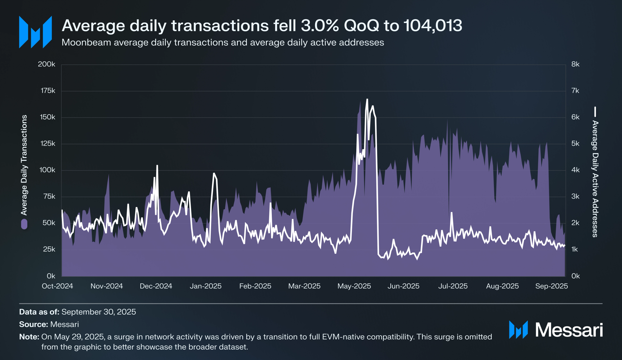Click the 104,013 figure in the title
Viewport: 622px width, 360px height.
coord(433,26)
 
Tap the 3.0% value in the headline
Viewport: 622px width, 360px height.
coord(320,26)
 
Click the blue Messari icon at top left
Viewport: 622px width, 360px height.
coord(35,32)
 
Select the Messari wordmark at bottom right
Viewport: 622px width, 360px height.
coord(569,330)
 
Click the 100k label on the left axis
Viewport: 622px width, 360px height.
coord(47,170)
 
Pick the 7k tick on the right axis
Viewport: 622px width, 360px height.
coord(575,91)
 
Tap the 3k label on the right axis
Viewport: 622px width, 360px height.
coord(575,197)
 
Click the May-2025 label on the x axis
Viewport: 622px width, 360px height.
coord(354,286)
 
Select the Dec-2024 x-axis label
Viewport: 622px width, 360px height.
coord(156,286)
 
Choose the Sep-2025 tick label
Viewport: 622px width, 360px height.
coord(551,286)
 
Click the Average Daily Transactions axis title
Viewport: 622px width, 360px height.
coord(24,165)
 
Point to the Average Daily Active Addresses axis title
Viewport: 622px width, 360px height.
coord(595,179)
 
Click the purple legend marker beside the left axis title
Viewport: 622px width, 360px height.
coord(24,224)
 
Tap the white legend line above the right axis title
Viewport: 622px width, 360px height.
coord(595,112)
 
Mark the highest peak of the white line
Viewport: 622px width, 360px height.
coord(367,99)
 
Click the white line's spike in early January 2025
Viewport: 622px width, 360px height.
coord(214,174)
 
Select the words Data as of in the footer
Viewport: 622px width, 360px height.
coord(39,312)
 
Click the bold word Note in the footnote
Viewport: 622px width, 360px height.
coord(29,337)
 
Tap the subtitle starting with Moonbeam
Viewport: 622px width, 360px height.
coord(223,43)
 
